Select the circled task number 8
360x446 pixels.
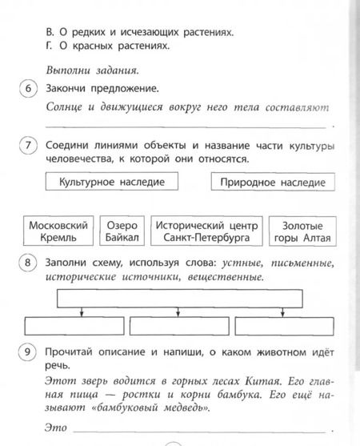28,264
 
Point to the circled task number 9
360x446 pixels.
28,352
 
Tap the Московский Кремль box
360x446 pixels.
57,231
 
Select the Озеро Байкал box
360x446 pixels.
122,231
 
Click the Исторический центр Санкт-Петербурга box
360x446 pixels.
206,231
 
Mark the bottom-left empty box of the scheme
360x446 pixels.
74,326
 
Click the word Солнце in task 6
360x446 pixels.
67,106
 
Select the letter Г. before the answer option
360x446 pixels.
50,47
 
